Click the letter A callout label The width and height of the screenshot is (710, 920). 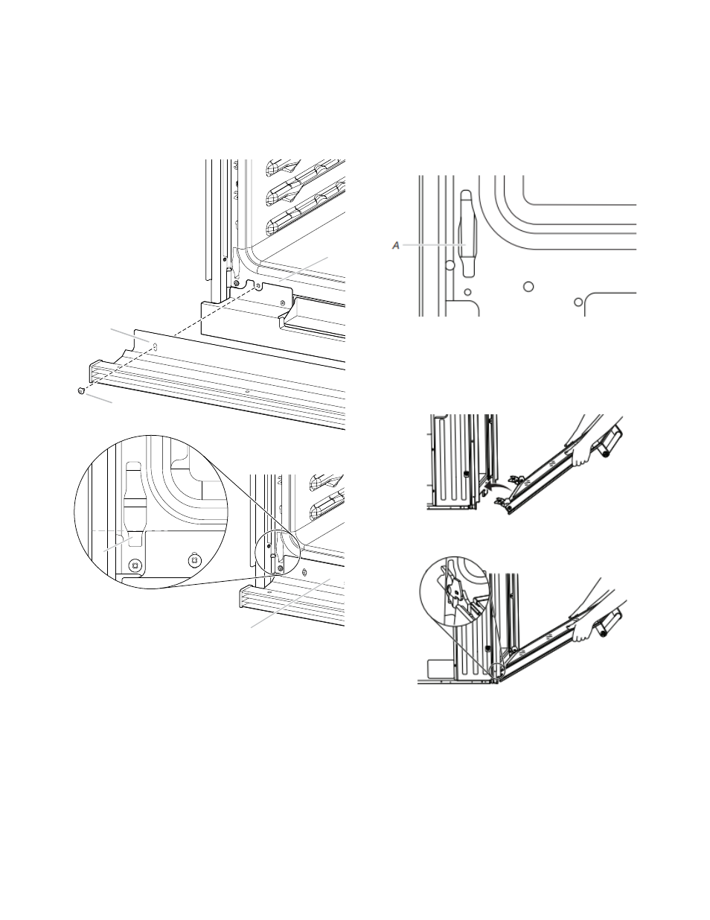coord(395,246)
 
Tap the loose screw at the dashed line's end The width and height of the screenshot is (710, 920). coord(82,391)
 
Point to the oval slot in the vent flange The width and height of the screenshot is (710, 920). coord(156,346)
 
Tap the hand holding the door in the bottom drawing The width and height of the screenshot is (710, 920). coord(583,632)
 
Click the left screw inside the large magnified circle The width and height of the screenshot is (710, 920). coord(135,564)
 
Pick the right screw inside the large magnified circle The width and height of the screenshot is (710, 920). coord(194,559)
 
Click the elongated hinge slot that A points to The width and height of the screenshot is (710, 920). coord(467,233)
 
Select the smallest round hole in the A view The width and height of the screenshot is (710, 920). coord(467,292)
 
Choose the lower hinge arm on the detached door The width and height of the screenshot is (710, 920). coord(502,502)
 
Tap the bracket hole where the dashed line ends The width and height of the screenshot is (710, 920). coord(258,286)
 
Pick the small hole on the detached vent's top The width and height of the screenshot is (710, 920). coord(247,392)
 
